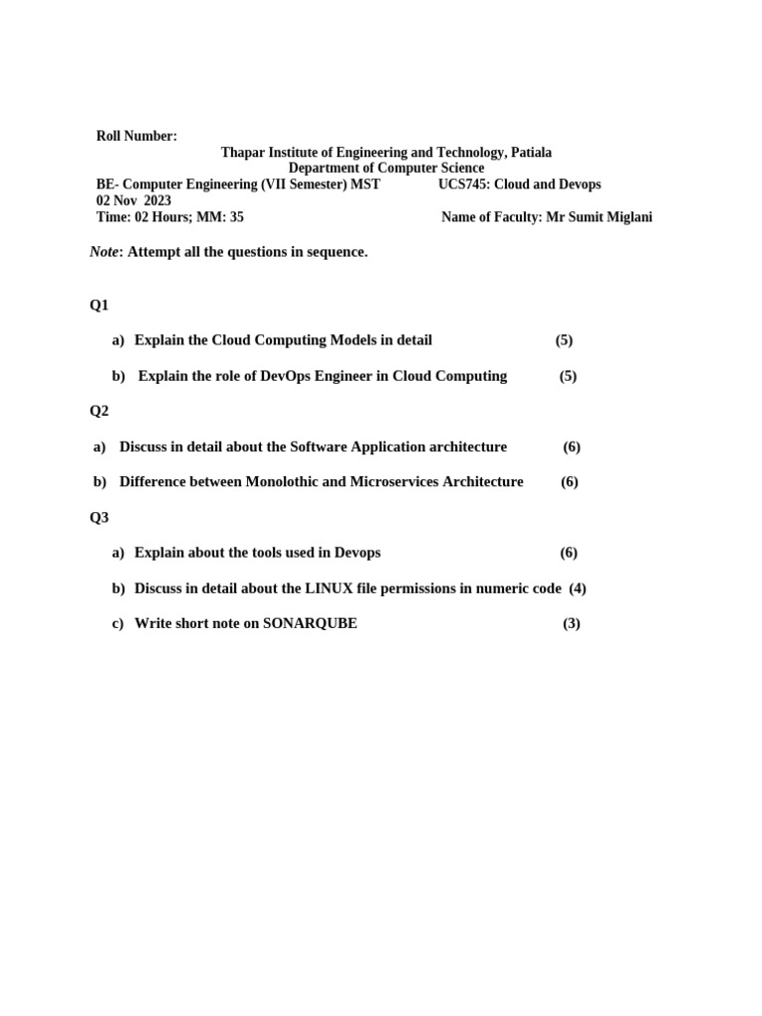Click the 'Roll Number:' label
click(136, 136)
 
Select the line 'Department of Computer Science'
click(386, 169)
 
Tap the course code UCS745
click(462, 185)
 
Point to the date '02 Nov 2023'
click(133, 200)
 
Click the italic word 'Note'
click(103, 252)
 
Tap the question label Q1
click(99, 305)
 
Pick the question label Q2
click(99, 411)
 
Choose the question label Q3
click(99, 517)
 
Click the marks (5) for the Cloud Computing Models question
click(564, 340)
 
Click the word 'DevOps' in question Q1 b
click(291, 376)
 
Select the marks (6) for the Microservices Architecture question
click(569, 482)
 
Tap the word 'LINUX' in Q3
click(329, 588)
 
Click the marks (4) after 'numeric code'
click(577, 588)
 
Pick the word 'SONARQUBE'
click(310, 624)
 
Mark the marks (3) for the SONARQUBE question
click(571, 624)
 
